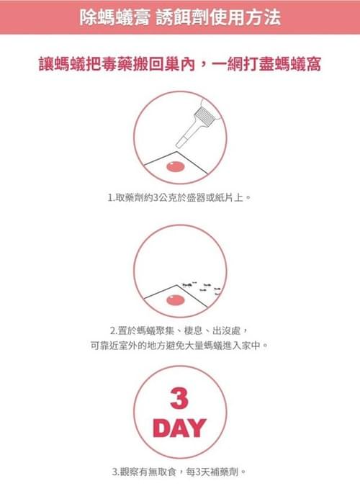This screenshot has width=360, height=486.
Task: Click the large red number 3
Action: click(x=179, y=398)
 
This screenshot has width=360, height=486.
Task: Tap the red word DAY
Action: click(x=179, y=428)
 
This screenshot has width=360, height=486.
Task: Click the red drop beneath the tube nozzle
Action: click(x=176, y=167)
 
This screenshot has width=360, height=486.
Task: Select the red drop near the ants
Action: click(x=176, y=300)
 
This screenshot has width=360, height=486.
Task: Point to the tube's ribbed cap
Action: click(x=204, y=116)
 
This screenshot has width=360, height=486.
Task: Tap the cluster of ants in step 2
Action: click(x=202, y=288)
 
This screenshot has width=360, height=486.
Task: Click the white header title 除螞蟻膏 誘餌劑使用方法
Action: click(x=180, y=17)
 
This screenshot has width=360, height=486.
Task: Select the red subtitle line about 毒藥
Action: click(x=179, y=64)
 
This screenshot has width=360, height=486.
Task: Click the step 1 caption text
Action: click(x=179, y=197)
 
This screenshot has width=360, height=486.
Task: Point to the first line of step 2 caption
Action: click(x=179, y=330)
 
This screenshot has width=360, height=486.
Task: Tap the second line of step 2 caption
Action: click(x=179, y=345)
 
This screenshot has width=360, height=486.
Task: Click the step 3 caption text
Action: click(x=179, y=472)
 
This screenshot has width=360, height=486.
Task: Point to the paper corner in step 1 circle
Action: click(x=177, y=152)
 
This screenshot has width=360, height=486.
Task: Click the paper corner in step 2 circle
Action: click(x=177, y=285)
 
